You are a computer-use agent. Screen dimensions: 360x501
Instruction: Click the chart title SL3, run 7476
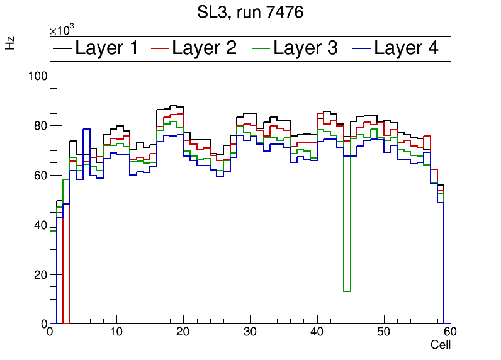point(250,12)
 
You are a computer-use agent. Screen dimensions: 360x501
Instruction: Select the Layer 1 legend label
point(106,48)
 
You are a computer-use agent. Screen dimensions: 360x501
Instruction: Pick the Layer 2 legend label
point(204,48)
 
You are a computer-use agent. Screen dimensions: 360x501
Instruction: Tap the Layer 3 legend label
point(305,48)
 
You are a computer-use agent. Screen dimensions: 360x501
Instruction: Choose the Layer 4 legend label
point(406,48)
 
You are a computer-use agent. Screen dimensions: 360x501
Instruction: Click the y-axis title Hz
point(10,43)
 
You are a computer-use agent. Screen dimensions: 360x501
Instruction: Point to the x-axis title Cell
point(441,345)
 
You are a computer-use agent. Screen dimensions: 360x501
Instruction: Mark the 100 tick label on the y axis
point(38,76)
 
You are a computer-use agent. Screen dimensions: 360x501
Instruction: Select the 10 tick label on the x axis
point(116,333)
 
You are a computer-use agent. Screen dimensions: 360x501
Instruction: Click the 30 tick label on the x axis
point(250,333)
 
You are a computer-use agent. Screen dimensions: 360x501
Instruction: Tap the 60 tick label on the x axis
point(451,333)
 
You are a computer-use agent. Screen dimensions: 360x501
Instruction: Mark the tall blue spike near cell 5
point(86,130)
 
